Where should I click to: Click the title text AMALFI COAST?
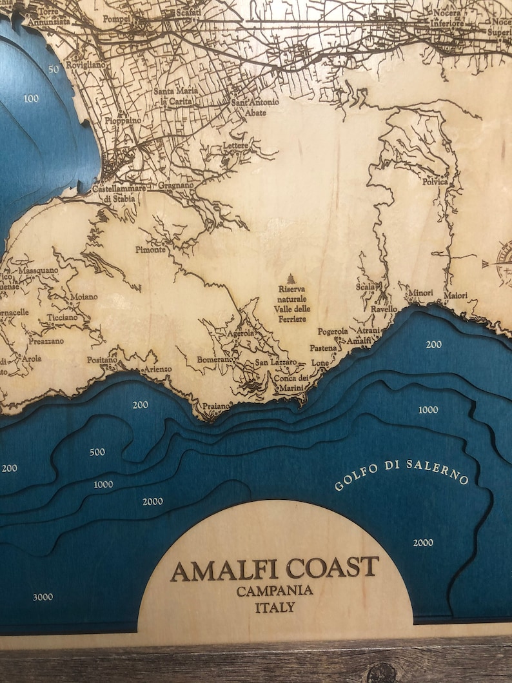point(274,568)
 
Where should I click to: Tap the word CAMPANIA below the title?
point(275,591)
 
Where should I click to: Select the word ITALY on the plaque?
point(275,607)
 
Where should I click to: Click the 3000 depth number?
point(43,597)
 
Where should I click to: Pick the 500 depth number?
point(97,452)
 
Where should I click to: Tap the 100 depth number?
point(30,99)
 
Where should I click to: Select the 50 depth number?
point(53,69)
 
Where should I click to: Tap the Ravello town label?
point(384,309)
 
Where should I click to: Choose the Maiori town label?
point(455,295)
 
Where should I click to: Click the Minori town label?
point(421,293)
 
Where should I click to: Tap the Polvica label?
point(435,182)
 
